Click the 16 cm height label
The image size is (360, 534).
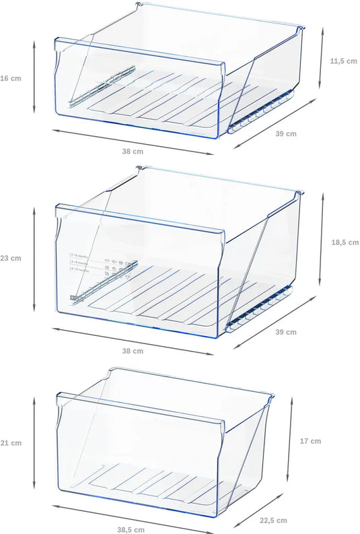pyautogui.click(x=11, y=78)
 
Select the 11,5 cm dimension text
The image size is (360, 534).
pyautogui.click(x=343, y=61)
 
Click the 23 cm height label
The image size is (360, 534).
pyautogui.click(x=11, y=258)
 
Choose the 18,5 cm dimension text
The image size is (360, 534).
pyautogui.click(x=344, y=242)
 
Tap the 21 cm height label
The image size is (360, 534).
pyautogui.click(x=11, y=443)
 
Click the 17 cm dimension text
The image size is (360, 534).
pyautogui.click(x=310, y=441)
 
